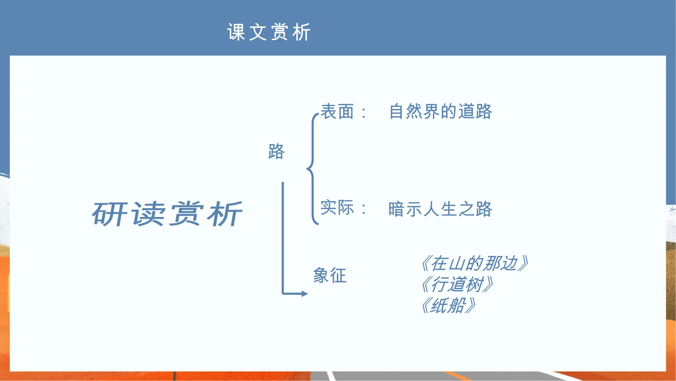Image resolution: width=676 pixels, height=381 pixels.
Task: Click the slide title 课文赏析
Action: (269, 32)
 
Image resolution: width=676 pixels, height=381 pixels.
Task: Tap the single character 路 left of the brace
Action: (276, 151)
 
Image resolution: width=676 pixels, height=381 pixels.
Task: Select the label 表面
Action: (337, 111)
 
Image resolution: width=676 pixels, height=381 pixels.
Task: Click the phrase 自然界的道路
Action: (441, 111)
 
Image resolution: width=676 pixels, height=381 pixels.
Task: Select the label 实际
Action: (337, 208)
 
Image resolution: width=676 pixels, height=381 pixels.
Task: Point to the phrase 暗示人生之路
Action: (440, 209)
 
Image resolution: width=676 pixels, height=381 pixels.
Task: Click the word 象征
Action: (330, 275)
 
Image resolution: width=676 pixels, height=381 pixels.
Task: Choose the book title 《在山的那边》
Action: (474, 263)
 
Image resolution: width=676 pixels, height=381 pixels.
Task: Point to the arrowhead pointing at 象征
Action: (305, 293)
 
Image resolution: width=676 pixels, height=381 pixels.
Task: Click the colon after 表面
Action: (364, 113)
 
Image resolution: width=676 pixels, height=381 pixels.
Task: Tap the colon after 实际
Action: (364, 209)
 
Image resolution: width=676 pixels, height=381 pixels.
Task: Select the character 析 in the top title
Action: (302, 32)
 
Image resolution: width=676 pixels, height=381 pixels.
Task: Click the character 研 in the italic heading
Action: (109, 214)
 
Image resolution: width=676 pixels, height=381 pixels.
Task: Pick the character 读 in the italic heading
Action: (148, 214)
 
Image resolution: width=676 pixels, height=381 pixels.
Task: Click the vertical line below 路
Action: (283, 238)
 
